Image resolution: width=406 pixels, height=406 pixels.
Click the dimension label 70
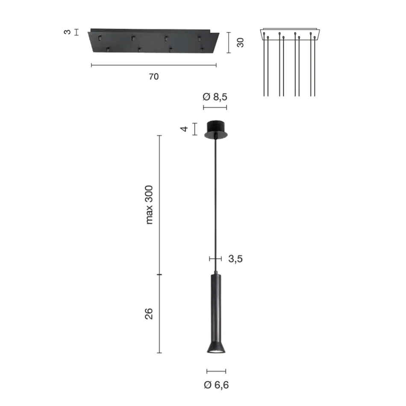coord(153,77)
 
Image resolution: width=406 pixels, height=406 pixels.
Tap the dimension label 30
coord(240,42)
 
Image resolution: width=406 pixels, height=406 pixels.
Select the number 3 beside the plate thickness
coord(67,32)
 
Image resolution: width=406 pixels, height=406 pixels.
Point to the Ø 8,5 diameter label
coord(215,97)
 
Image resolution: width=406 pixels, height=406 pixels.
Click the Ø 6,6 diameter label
coord(216,385)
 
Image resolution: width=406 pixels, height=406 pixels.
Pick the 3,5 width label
coord(235,259)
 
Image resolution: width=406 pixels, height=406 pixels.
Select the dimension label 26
coord(149,314)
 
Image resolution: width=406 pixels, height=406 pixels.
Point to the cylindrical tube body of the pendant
coord(216,306)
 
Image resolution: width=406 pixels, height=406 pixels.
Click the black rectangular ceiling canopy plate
coord(154,41)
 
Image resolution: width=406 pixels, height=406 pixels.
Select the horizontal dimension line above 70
coord(154,65)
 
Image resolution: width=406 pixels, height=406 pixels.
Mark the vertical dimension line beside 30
coord(229,42)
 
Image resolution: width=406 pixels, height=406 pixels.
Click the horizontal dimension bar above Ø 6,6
coord(216,371)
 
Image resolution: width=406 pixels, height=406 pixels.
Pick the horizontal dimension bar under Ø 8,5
coord(215,107)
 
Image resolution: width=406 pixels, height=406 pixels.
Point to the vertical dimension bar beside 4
coord(195,129)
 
